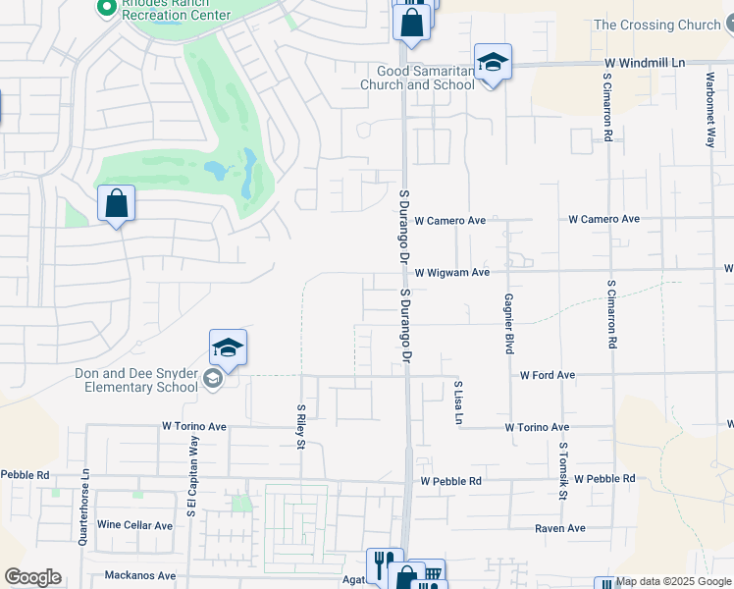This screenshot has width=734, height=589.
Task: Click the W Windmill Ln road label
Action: (x=644, y=63)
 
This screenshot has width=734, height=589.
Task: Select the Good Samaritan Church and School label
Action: (x=426, y=78)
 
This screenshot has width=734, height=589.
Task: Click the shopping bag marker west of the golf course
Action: (x=116, y=204)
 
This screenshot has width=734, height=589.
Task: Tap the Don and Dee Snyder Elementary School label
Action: (x=136, y=380)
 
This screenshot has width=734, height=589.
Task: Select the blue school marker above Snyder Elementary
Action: (x=228, y=348)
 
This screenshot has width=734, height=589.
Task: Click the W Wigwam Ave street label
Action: (x=451, y=273)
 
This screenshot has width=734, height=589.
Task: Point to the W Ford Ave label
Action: (x=547, y=375)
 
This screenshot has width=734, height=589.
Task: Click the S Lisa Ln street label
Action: (x=457, y=402)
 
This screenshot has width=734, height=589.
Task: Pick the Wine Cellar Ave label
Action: (x=134, y=525)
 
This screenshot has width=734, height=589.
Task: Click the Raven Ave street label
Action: (x=559, y=528)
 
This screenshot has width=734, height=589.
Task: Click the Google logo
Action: (x=32, y=577)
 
